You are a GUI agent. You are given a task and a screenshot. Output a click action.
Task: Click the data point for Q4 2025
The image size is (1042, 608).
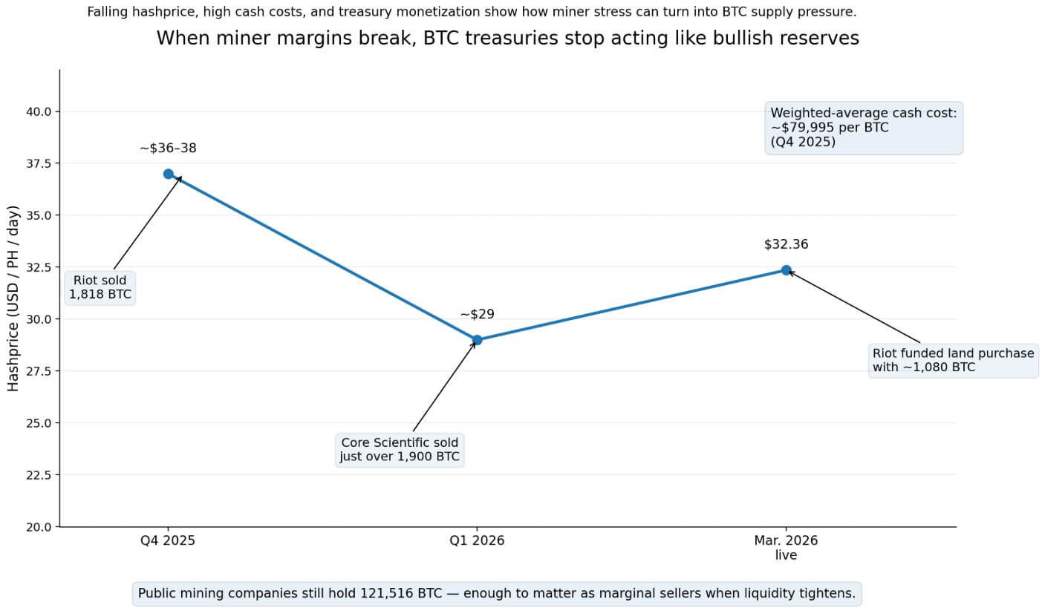tap(168, 174)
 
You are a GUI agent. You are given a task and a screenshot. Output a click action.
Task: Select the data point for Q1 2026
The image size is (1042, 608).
tap(477, 340)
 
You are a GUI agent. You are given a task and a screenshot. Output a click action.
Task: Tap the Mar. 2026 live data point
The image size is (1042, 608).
tap(786, 270)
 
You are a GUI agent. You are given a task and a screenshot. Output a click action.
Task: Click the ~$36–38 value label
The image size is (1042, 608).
tap(168, 148)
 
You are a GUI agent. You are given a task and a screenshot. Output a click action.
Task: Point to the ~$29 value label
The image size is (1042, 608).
tap(477, 315)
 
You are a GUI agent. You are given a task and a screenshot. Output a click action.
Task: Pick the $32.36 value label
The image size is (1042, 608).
tap(786, 244)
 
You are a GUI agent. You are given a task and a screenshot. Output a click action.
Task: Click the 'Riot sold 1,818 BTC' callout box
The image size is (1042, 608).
tap(100, 287)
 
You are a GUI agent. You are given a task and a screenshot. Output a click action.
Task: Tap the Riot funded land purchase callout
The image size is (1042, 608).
tap(953, 360)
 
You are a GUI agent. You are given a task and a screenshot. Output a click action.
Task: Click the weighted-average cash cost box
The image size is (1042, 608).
tap(864, 128)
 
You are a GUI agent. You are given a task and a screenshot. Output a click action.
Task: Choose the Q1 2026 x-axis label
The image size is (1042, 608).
tap(477, 540)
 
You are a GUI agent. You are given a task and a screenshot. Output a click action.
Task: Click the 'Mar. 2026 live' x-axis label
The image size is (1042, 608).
tap(786, 548)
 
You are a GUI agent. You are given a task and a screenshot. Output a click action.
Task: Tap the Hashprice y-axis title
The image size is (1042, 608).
tap(14, 298)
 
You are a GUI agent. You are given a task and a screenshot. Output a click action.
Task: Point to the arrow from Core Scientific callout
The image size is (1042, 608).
tap(444, 386)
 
